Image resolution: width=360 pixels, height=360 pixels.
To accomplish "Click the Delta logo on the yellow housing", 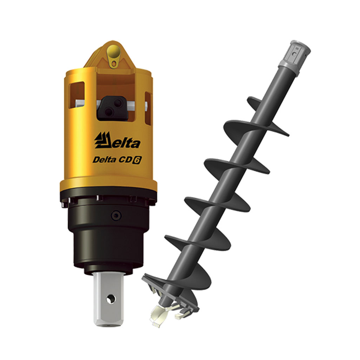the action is [x=117, y=140].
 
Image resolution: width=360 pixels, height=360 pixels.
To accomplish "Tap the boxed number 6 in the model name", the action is [x=137, y=160].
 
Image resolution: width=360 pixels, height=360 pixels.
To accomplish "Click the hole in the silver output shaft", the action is [x=111, y=299].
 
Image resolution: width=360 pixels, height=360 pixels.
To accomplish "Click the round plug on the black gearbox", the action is [x=116, y=215].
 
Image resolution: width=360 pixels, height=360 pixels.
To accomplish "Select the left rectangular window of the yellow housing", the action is [x=77, y=95].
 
